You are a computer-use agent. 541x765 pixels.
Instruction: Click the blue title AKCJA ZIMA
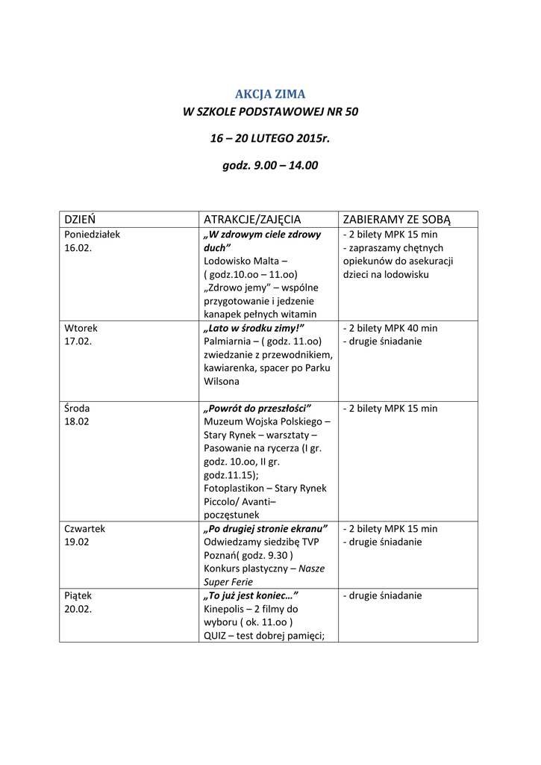coord(270,94)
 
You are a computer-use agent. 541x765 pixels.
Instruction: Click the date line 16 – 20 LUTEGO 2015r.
coord(270,139)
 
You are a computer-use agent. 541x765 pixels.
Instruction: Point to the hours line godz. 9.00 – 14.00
coord(270,166)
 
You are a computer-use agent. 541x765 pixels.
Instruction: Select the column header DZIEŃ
coord(81,219)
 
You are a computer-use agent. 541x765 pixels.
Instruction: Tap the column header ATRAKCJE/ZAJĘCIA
coord(252,219)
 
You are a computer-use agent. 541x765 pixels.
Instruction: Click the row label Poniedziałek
coord(93,235)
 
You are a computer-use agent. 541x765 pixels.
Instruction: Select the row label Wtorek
coord(81,328)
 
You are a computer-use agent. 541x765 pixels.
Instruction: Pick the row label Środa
coord(78,409)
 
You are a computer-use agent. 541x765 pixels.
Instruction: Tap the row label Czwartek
coord(85,528)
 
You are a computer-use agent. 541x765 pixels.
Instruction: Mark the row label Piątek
coord(79,596)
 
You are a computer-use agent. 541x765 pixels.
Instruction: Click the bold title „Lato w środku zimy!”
coord(254,328)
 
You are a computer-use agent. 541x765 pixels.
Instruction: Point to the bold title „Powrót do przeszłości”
coord(257,409)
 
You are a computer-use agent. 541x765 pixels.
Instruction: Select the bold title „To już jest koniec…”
coord(251,596)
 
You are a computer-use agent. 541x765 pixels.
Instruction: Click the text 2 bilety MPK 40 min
coord(393,328)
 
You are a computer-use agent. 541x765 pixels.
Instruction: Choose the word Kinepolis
coord(224,610)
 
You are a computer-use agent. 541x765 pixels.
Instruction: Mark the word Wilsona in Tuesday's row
coord(222,382)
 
